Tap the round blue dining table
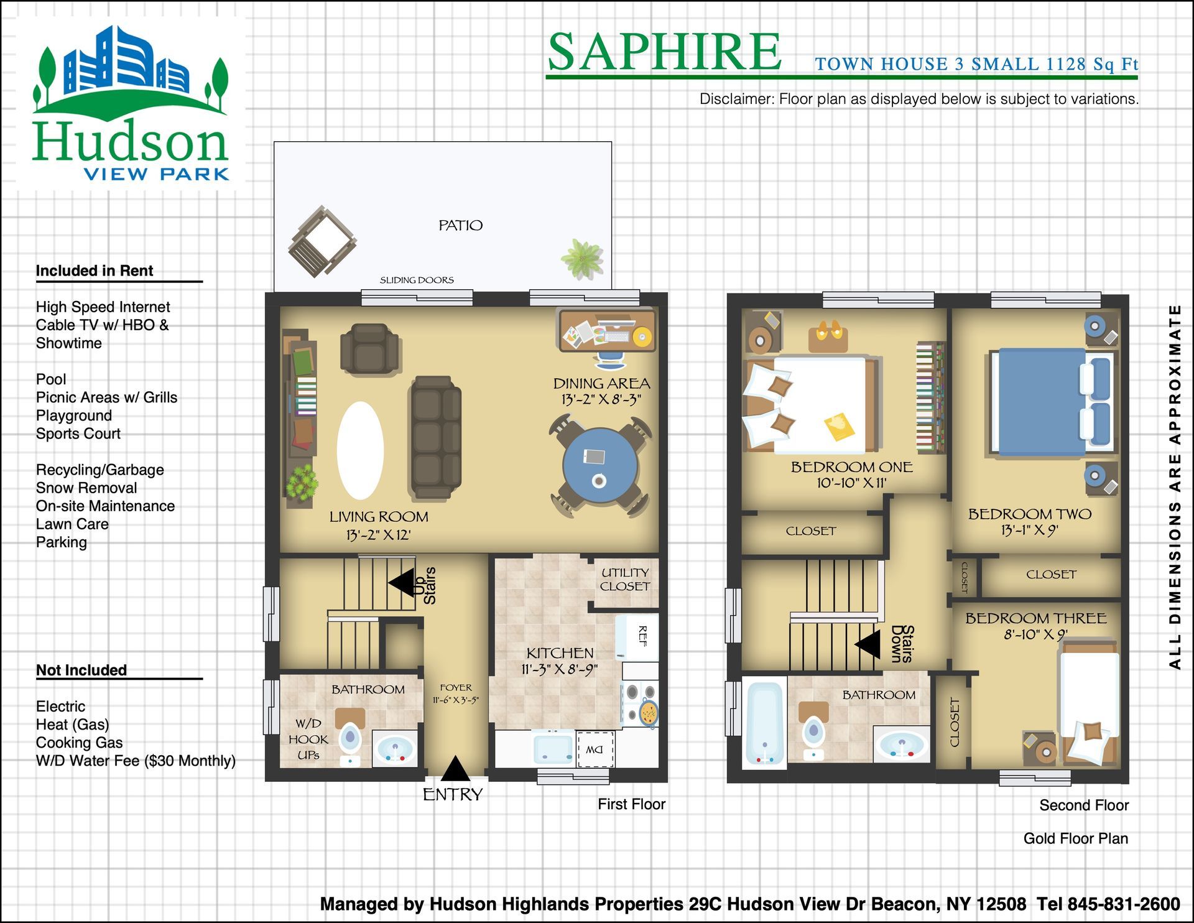[x=599, y=465]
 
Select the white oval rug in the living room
[x=360, y=450]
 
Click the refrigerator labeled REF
[x=637, y=638]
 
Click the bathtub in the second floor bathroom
[x=764, y=723]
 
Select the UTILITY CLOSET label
[x=624, y=579]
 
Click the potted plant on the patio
[x=581, y=257]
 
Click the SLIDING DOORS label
[x=417, y=280]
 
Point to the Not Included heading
[x=81, y=670]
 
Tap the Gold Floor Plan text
[x=1075, y=838]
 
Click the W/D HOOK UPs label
[x=308, y=739]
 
